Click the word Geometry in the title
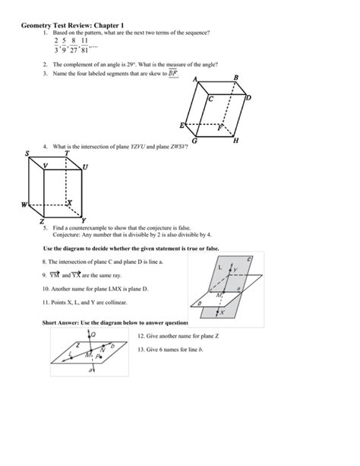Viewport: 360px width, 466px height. (x=39, y=23)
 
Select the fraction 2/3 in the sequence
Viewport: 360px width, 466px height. (x=56, y=46)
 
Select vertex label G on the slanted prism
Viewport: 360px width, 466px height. (x=196, y=142)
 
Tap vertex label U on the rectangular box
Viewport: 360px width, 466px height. (x=85, y=166)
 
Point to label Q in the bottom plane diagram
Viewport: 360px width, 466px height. (x=94, y=334)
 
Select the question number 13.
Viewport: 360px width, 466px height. (x=141, y=349)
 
